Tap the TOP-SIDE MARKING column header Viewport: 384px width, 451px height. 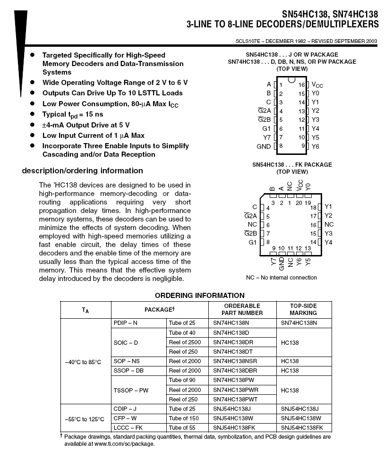(x=303, y=309)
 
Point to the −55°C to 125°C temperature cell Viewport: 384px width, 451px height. (x=83, y=419)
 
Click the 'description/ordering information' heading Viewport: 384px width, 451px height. (x=82, y=171)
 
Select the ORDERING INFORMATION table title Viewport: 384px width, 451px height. (x=200, y=296)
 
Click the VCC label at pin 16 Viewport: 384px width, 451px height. (x=317, y=85)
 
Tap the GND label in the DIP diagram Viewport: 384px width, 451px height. (x=264, y=146)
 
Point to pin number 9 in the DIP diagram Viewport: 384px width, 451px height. (x=303, y=146)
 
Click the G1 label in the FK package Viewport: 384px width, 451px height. (x=252, y=242)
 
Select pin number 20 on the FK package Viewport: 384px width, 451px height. (x=299, y=203)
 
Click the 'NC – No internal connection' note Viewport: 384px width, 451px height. (x=282, y=278)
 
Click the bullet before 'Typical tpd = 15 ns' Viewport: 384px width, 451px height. (x=33, y=114)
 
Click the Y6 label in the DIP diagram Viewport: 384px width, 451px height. (x=316, y=146)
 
